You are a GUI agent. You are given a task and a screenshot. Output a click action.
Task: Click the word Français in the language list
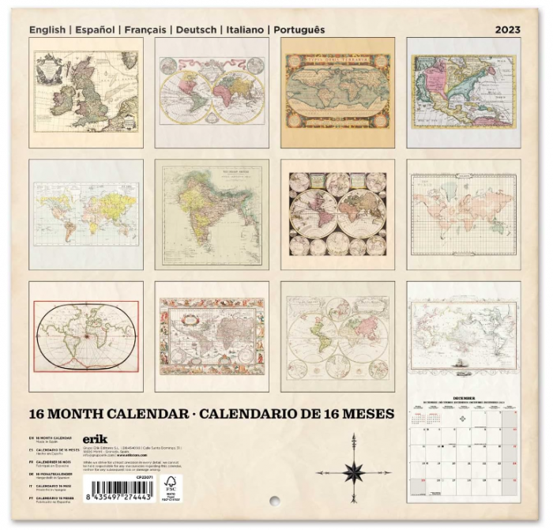point(145,30)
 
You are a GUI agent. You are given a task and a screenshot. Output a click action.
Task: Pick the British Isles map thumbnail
point(86,92)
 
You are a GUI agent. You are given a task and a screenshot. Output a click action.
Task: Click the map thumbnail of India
point(212,214)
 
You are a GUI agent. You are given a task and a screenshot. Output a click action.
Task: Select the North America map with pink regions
point(464,92)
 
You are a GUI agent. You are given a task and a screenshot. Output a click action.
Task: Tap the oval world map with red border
point(86,336)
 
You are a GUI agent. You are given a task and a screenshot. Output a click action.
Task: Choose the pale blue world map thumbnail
point(86,214)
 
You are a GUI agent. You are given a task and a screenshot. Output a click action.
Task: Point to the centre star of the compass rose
point(353,472)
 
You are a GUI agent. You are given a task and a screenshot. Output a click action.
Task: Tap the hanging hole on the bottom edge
point(274,502)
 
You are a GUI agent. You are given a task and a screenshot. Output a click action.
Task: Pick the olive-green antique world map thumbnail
point(338,92)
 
